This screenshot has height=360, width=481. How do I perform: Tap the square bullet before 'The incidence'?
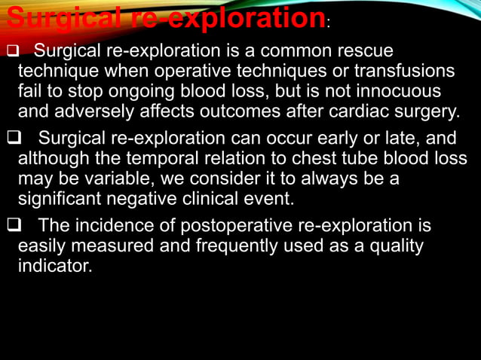12,225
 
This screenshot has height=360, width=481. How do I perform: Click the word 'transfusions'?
403,72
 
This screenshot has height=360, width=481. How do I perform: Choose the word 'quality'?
397,246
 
